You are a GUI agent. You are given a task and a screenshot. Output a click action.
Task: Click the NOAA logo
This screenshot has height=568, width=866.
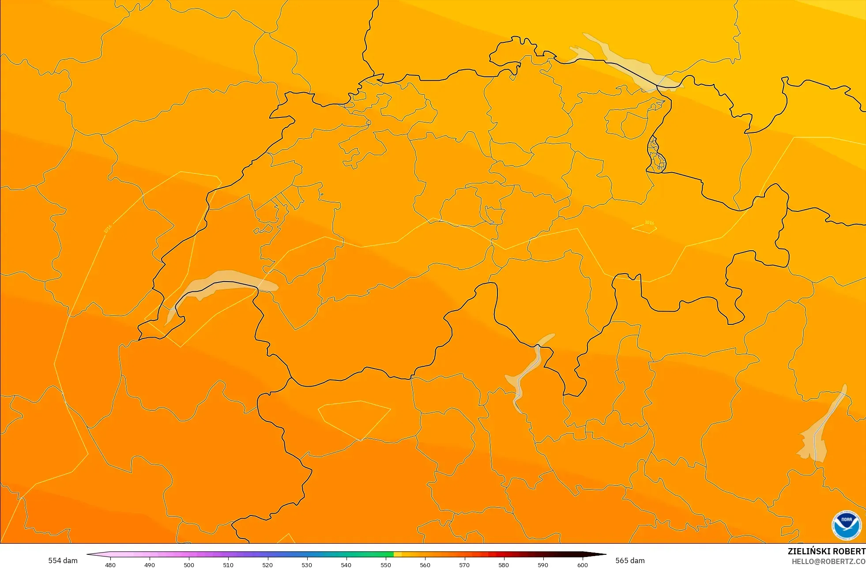click(x=846, y=525)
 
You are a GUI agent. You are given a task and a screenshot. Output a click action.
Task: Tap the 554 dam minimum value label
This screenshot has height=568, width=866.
click(x=63, y=560)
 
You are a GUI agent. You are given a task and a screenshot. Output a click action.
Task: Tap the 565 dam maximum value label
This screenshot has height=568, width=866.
click(x=630, y=560)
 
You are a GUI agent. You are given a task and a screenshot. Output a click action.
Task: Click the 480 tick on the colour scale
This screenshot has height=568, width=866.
click(x=110, y=564)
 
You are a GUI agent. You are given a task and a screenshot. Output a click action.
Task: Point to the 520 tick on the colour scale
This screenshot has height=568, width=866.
click(x=267, y=564)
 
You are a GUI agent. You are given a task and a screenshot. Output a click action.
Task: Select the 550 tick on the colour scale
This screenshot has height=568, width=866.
click(x=386, y=564)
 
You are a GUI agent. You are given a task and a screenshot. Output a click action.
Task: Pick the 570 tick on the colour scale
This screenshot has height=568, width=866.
click(x=464, y=564)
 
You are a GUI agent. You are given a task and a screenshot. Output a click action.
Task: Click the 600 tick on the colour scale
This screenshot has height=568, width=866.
click(x=583, y=564)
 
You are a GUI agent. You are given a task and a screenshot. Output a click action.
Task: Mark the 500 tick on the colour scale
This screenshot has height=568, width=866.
click(x=189, y=564)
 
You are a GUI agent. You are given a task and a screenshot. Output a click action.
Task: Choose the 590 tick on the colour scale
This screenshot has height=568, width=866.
click(x=543, y=564)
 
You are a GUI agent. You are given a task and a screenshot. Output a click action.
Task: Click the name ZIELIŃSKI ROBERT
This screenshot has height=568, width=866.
click(x=826, y=551)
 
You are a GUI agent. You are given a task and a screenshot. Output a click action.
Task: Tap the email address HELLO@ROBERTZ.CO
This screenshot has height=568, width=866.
click(x=828, y=561)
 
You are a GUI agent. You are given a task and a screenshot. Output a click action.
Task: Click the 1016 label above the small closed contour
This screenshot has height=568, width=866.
click(x=649, y=222)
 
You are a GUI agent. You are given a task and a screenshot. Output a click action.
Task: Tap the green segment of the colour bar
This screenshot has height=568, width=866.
click(x=380, y=554)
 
